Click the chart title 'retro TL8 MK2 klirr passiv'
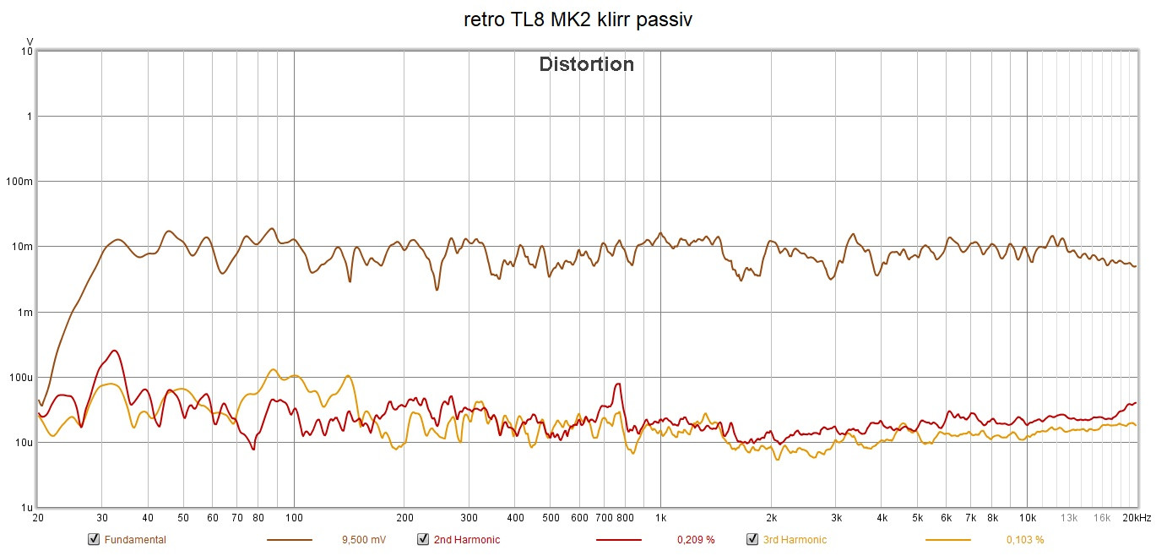(x=578, y=20)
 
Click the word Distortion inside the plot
(x=586, y=64)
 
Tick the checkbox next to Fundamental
(x=93, y=539)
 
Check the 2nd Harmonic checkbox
(x=422, y=539)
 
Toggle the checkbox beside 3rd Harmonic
(x=752, y=539)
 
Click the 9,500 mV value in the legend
(x=364, y=540)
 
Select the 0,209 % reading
(x=696, y=540)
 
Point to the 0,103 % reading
(x=1025, y=540)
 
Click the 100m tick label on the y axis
(x=20, y=182)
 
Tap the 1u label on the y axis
(x=26, y=508)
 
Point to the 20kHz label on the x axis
(x=1137, y=518)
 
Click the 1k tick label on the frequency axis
(x=660, y=518)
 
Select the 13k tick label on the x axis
(x=1069, y=518)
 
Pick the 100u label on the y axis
(x=20, y=378)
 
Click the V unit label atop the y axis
(x=30, y=41)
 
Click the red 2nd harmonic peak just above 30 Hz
(x=115, y=351)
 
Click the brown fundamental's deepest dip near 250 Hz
(x=437, y=290)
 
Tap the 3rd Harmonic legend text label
(x=795, y=540)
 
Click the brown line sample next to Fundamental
(x=289, y=540)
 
